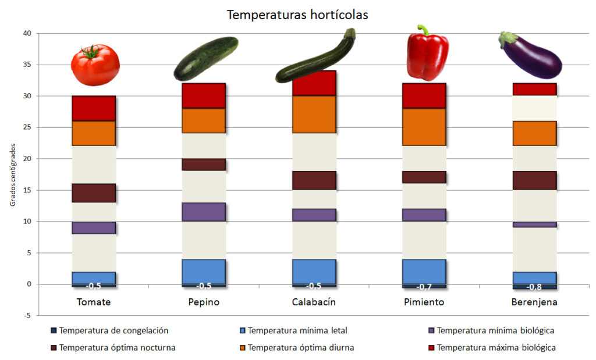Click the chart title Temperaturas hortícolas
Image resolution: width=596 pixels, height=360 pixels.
click(297, 15)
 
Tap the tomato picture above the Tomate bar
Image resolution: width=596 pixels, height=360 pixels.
click(95, 65)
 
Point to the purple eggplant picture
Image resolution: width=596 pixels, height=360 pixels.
click(531, 57)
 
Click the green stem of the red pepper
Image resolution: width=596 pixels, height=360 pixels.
click(423, 30)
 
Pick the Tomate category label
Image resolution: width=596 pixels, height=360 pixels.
click(94, 302)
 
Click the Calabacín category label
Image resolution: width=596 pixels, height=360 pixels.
click(314, 302)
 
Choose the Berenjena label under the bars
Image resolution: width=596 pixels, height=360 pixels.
click(535, 302)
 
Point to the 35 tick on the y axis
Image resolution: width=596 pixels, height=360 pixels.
click(26, 65)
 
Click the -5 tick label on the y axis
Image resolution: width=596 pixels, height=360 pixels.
click(27, 316)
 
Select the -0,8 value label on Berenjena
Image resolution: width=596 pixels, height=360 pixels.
click(535, 287)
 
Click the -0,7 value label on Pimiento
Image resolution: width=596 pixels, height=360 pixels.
click(424, 287)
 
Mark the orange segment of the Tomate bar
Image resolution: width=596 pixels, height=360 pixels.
click(94, 133)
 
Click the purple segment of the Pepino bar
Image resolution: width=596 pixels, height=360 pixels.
click(204, 212)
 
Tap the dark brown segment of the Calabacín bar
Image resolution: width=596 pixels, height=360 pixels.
click(314, 180)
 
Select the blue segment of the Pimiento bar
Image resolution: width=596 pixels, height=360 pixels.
click(424, 271)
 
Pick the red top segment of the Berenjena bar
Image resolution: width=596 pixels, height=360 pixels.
click(535, 89)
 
